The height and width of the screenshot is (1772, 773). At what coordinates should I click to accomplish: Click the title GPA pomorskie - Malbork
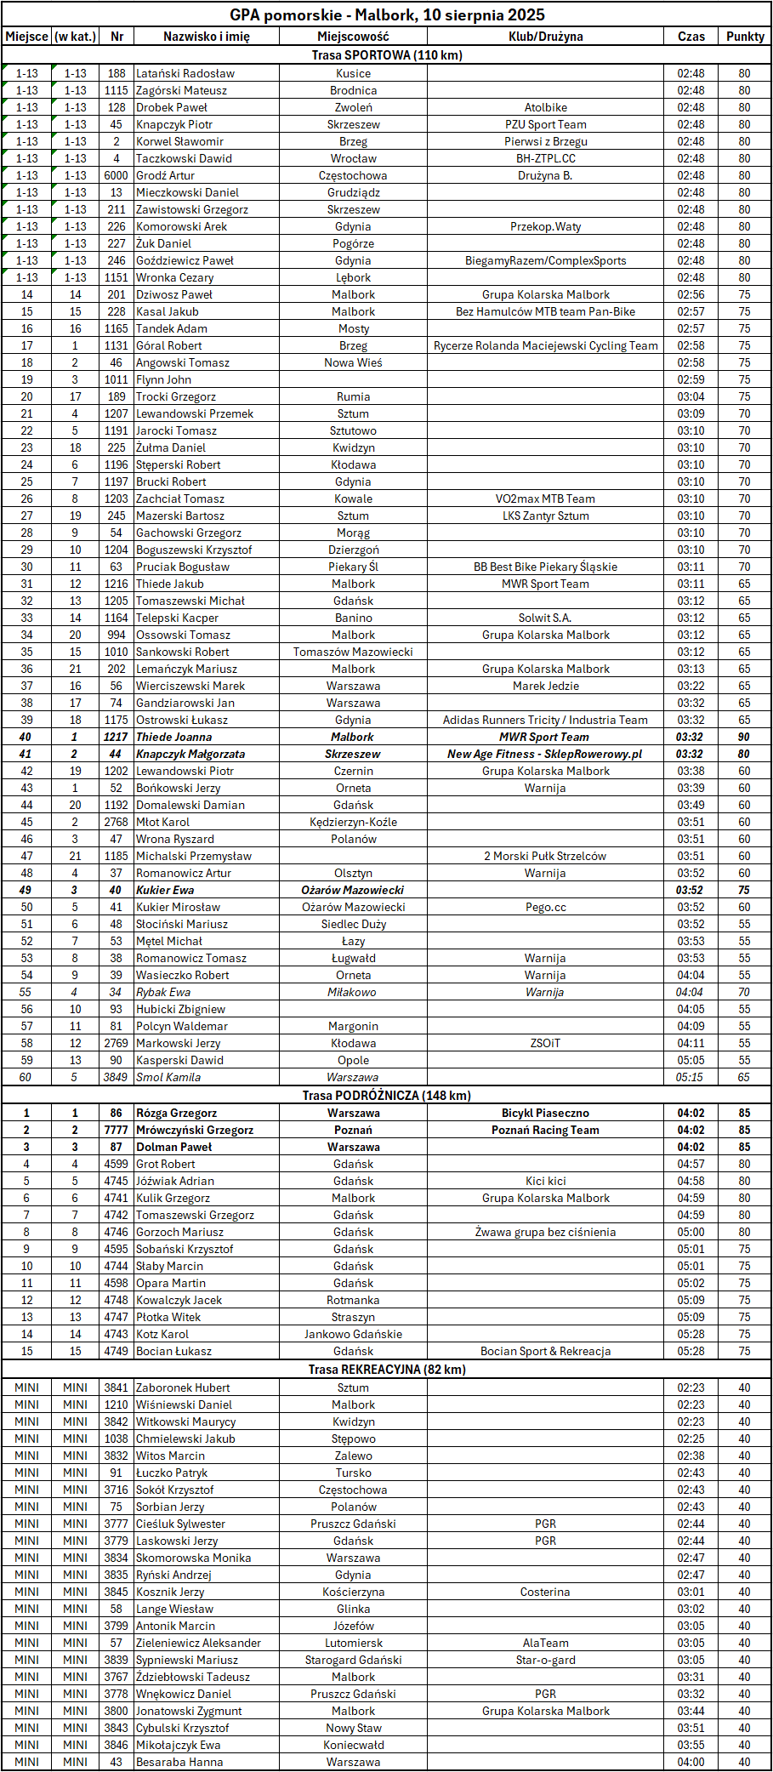[387, 15]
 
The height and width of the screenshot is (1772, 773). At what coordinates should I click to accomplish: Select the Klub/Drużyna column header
[545, 37]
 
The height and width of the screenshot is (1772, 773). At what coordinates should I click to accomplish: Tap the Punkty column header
[745, 37]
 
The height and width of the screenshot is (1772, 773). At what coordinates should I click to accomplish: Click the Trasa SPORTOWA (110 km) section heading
[387, 55]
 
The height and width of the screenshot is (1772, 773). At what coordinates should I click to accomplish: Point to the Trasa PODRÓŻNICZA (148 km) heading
[387, 1096]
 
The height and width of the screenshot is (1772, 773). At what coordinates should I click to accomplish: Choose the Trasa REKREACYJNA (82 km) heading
[387, 1370]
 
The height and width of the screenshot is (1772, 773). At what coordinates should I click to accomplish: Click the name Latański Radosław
[185, 73]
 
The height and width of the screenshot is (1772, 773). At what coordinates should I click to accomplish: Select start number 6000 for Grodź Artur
[117, 175]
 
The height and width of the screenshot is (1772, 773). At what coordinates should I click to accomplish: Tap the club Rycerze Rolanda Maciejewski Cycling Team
[545, 345]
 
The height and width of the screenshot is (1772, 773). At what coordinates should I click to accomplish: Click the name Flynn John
[163, 379]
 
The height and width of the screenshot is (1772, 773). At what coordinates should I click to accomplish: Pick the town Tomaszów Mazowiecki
[353, 652]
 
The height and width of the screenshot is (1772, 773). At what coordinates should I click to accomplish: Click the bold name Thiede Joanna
[174, 737]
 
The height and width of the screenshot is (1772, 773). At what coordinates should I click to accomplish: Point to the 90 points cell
[744, 737]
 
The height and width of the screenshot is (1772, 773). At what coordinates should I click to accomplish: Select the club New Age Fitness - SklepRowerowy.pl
[545, 754]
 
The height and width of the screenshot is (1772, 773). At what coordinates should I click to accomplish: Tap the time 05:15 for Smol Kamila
[690, 1077]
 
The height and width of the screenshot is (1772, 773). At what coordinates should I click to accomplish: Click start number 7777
[117, 1130]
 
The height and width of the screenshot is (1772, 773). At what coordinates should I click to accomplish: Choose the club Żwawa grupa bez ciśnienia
[545, 1232]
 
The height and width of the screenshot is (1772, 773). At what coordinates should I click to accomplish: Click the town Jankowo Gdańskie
[353, 1334]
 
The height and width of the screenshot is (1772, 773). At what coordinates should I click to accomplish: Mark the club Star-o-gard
[545, 1660]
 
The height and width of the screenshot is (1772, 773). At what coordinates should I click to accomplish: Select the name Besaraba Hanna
[179, 1762]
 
